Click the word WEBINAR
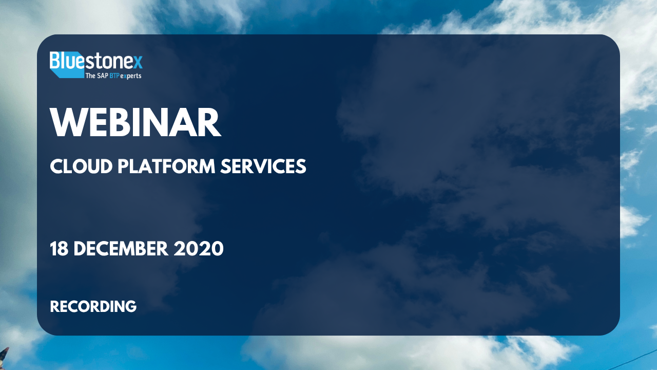[x=136, y=122]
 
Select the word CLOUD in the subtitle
[x=81, y=166]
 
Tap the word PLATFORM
[x=166, y=166]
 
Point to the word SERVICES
[x=263, y=166]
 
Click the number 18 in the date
[x=59, y=248]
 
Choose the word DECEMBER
[x=121, y=248]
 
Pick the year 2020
[x=199, y=248]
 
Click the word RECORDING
[x=93, y=307]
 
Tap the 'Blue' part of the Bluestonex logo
[x=67, y=61]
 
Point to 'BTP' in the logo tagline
[x=114, y=76]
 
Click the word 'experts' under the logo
[x=131, y=76]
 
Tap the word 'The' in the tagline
[x=90, y=76]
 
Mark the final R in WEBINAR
[x=209, y=122]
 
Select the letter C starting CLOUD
[x=56, y=166]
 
